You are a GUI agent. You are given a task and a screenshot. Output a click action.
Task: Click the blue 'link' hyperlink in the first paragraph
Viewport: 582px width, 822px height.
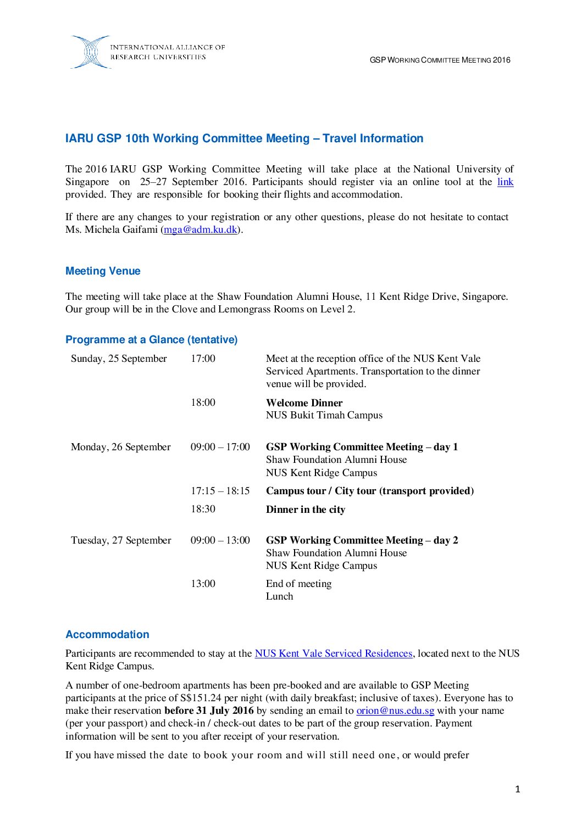pos(505,182)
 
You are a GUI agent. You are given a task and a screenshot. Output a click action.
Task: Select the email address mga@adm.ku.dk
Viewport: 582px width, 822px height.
pos(201,230)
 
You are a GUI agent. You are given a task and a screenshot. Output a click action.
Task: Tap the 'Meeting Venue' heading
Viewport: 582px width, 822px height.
pos(103,271)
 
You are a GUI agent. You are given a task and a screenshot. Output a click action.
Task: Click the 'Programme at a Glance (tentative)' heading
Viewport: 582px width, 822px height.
pos(151,339)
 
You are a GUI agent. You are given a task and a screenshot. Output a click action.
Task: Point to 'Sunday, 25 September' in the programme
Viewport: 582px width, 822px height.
pos(119,359)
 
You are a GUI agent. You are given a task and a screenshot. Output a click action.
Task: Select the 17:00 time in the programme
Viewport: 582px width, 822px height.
pos(203,359)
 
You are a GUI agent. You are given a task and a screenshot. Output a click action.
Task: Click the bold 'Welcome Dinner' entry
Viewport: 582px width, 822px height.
pos(304,402)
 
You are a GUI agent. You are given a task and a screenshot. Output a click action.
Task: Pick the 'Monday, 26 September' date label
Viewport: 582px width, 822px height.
pos(120,447)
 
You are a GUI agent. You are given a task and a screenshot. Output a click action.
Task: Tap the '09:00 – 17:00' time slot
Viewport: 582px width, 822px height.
pos(220,447)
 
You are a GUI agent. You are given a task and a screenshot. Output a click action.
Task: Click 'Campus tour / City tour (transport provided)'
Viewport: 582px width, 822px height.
pos(369,491)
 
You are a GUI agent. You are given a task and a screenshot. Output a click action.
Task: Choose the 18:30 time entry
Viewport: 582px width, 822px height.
pos(203,509)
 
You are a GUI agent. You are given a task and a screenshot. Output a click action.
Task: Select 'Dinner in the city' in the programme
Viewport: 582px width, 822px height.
pos(306,510)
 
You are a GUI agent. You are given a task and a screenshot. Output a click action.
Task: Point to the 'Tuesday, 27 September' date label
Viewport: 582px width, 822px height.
pos(121,540)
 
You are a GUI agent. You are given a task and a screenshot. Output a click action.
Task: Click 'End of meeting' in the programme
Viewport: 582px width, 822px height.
pos(298,584)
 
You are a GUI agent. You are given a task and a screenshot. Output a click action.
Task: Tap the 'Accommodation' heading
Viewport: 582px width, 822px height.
pos(107,634)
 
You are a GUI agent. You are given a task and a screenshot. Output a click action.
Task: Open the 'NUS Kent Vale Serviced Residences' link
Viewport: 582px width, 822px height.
pos(333,653)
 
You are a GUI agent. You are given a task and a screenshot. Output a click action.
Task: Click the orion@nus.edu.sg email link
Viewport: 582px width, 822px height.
pos(395,711)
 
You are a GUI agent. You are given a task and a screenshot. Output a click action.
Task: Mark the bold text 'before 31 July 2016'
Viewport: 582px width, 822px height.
pos(209,711)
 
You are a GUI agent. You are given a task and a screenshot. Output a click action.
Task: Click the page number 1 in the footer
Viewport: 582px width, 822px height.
pos(517,789)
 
